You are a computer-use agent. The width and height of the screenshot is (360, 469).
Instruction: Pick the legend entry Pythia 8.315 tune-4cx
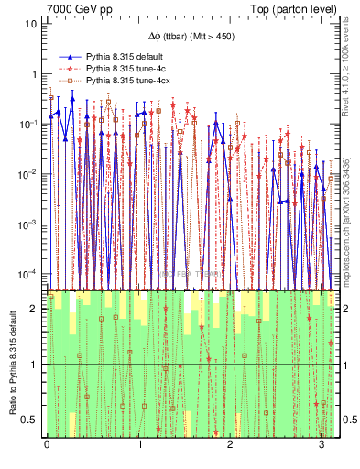tap(124, 82)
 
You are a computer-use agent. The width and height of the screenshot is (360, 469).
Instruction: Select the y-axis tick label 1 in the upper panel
tap(34, 74)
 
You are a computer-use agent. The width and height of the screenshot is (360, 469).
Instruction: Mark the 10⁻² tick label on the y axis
tap(28, 174)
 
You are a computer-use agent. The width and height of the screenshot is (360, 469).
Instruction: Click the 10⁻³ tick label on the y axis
tap(28, 224)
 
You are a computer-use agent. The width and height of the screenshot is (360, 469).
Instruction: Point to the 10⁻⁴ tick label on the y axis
tap(28, 274)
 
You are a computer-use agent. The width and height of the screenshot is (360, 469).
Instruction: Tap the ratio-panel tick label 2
tap(34, 309)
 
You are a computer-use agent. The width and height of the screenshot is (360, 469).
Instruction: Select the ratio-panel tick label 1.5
tap(30, 336)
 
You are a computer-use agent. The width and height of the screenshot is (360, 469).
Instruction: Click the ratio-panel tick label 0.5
tap(30, 420)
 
